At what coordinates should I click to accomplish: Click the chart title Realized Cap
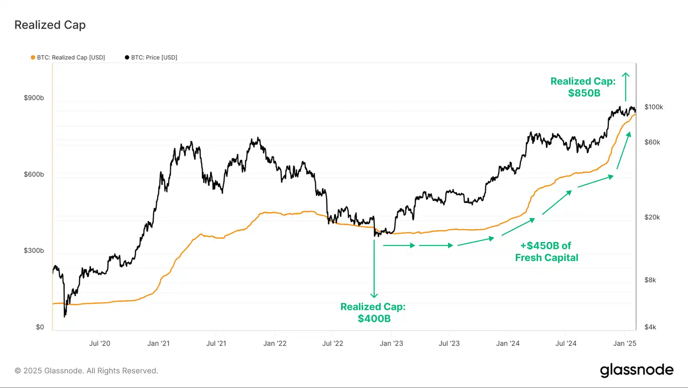point(50,25)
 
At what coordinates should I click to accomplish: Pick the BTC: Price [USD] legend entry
point(151,57)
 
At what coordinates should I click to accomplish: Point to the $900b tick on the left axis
point(34,98)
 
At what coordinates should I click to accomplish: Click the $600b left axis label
point(34,174)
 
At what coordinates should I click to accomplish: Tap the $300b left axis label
point(34,251)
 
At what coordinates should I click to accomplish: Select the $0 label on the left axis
point(40,327)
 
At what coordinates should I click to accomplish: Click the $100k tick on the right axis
point(654,107)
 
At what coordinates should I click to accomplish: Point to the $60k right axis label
point(652,142)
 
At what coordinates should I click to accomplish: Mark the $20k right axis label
point(652,217)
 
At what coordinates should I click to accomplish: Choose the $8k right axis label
point(650,280)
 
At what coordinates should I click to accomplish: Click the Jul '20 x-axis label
point(100,344)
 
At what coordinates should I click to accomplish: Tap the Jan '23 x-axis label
point(391,344)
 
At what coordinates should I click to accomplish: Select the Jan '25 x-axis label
point(624,344)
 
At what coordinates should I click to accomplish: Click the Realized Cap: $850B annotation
point(583,87)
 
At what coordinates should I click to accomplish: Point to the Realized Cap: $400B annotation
point(373,313)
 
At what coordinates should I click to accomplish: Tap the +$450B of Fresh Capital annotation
point(547,251)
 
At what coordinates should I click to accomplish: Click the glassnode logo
point(636,370)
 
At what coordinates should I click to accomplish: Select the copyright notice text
point(86,371)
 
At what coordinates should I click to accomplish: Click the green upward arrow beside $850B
point(626,87)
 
